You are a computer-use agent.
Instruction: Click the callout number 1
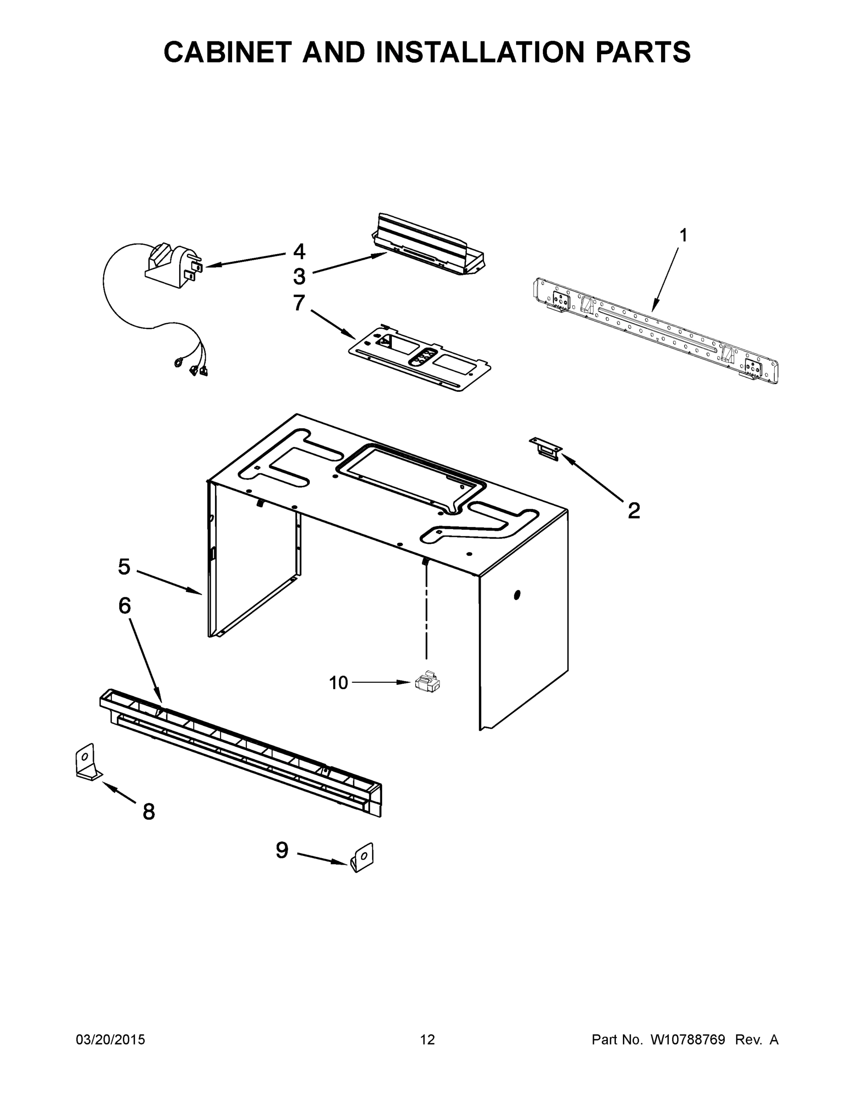tap(683, 235)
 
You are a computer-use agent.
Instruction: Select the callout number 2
tap(633, 511)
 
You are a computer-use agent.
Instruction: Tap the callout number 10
tap(338, 683)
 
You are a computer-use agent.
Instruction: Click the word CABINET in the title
tap(227, 52)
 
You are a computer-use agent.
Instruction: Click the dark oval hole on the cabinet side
tap(517, 595)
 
